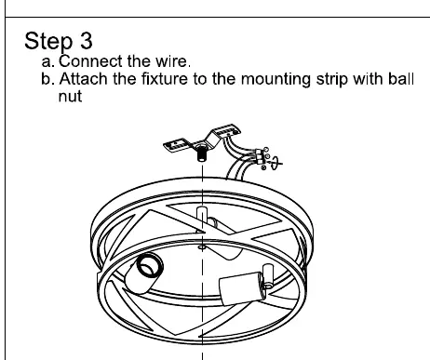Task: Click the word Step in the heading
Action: (x=48, y=41)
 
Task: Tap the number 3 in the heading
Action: (x=87, y=40)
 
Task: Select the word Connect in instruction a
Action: (x=90, y=61)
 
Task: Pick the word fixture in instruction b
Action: (x=165, y=79)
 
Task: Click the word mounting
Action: (x=275, y=79)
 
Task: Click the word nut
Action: (x=70, y=97)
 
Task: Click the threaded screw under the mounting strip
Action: (x=202, y=153)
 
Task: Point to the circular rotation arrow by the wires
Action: (x=275, y=163)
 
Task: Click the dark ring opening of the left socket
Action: (x=150, y=265)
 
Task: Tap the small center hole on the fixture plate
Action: (x=202, y=247)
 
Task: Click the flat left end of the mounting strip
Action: (x=175, y=145)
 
